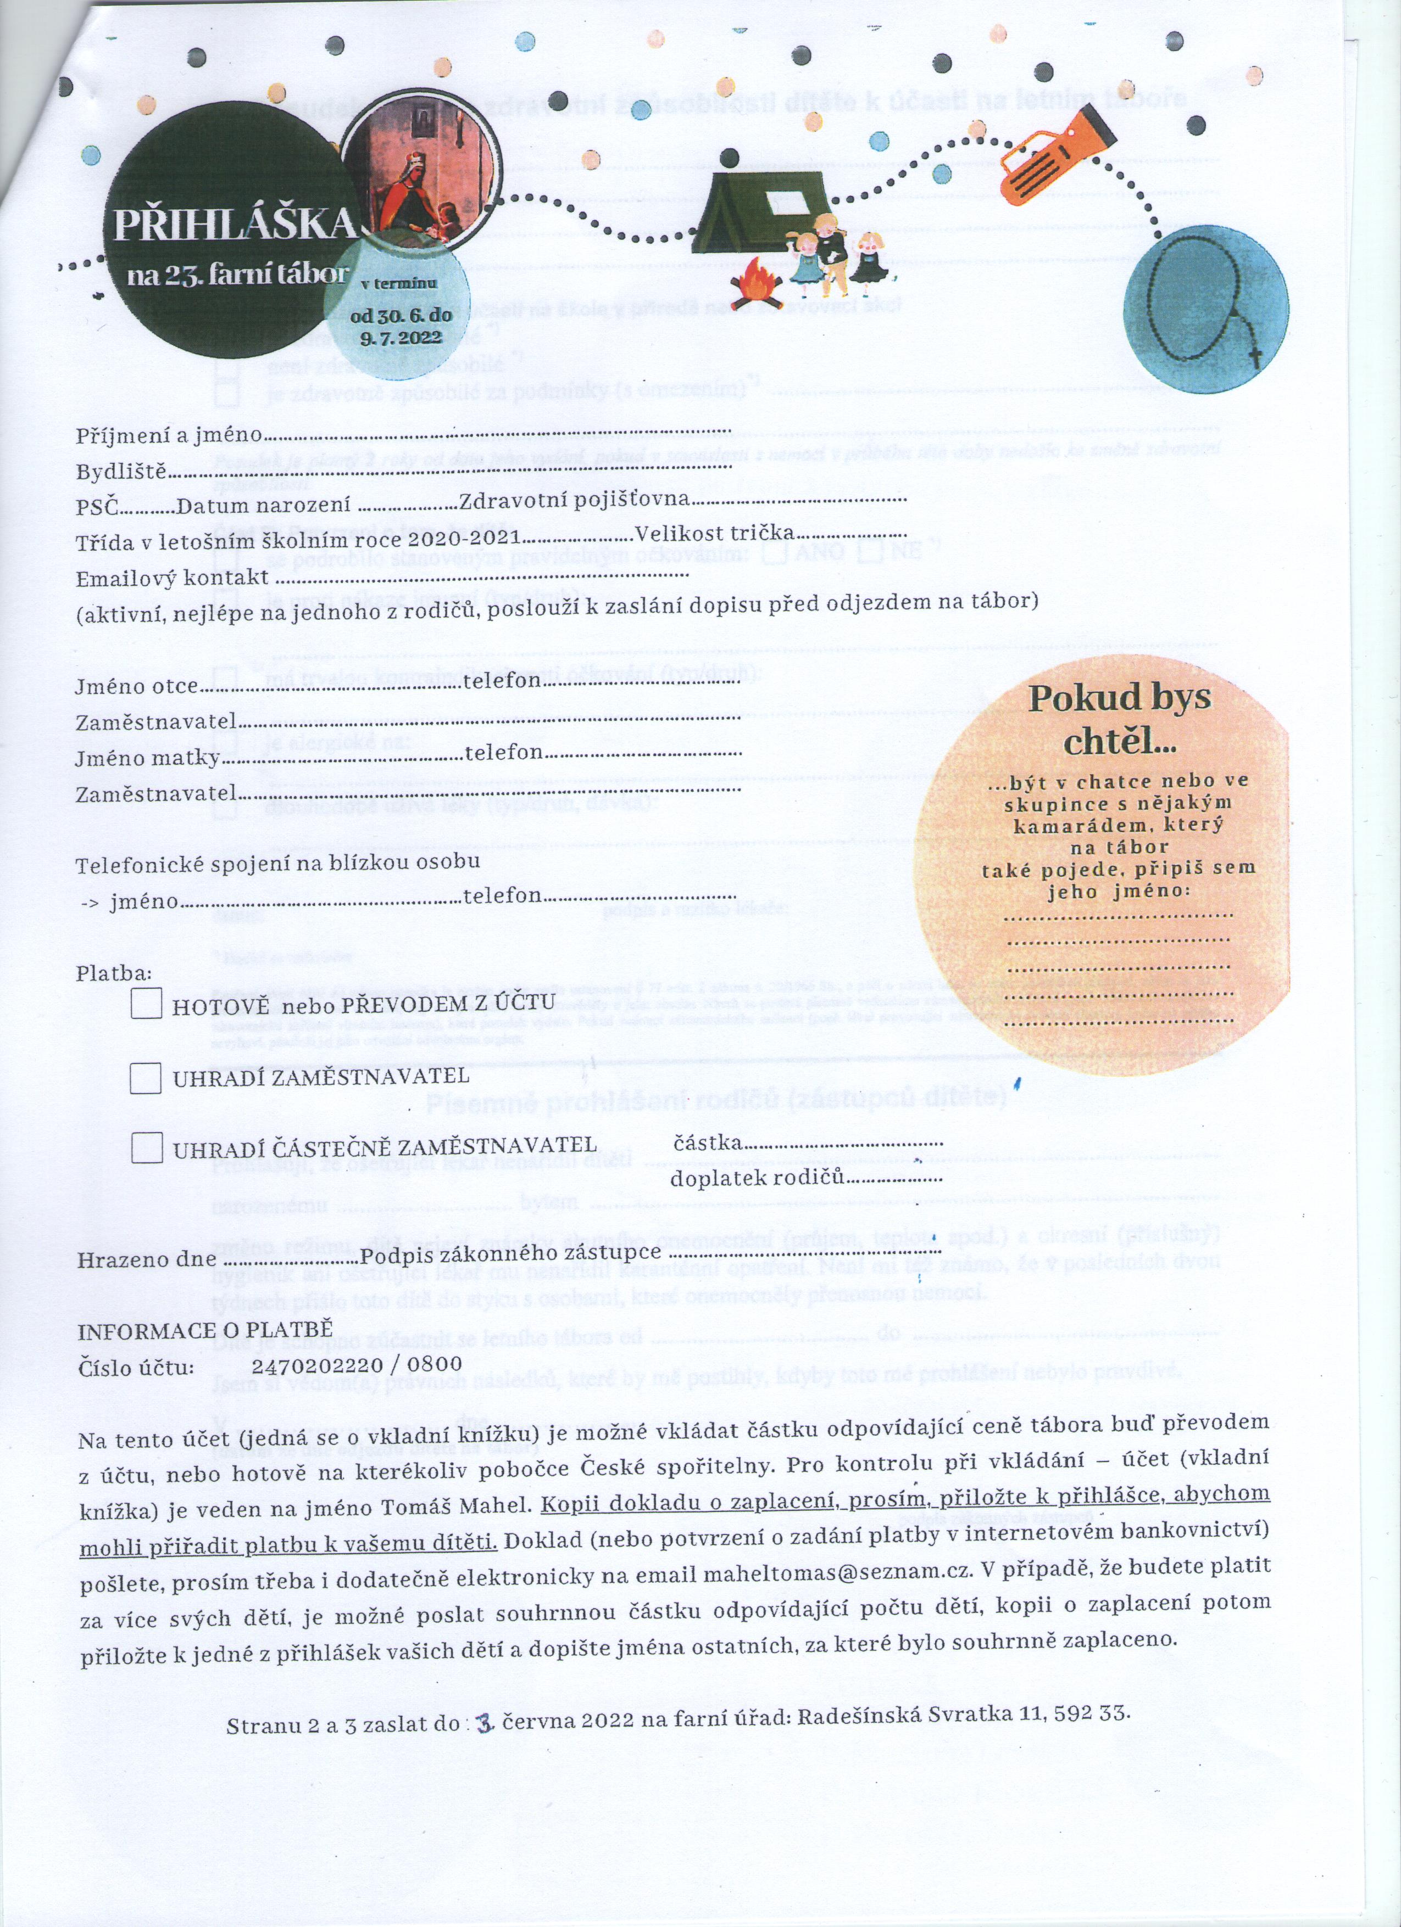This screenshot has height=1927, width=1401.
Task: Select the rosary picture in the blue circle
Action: click(x=1205, y=310)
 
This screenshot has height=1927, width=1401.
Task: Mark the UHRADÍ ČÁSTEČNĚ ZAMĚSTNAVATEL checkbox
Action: click(x=146, y=1148)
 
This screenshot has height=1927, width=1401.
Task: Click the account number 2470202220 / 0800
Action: click(x=357, y=1364)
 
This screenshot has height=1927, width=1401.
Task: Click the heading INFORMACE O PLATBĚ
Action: click(x=205, y=1331)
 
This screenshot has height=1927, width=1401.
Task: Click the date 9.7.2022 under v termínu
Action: click(x=401, y=337)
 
